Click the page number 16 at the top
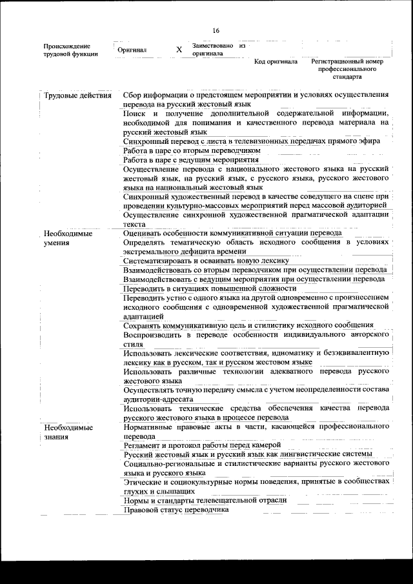[x=216, y=31]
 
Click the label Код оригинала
[x=276, y=62]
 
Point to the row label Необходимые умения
[x=68, y=238]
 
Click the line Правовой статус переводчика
[x=177, y=509]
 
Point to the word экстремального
[x=152, y=251]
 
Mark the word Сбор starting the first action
[x=133, y=95]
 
